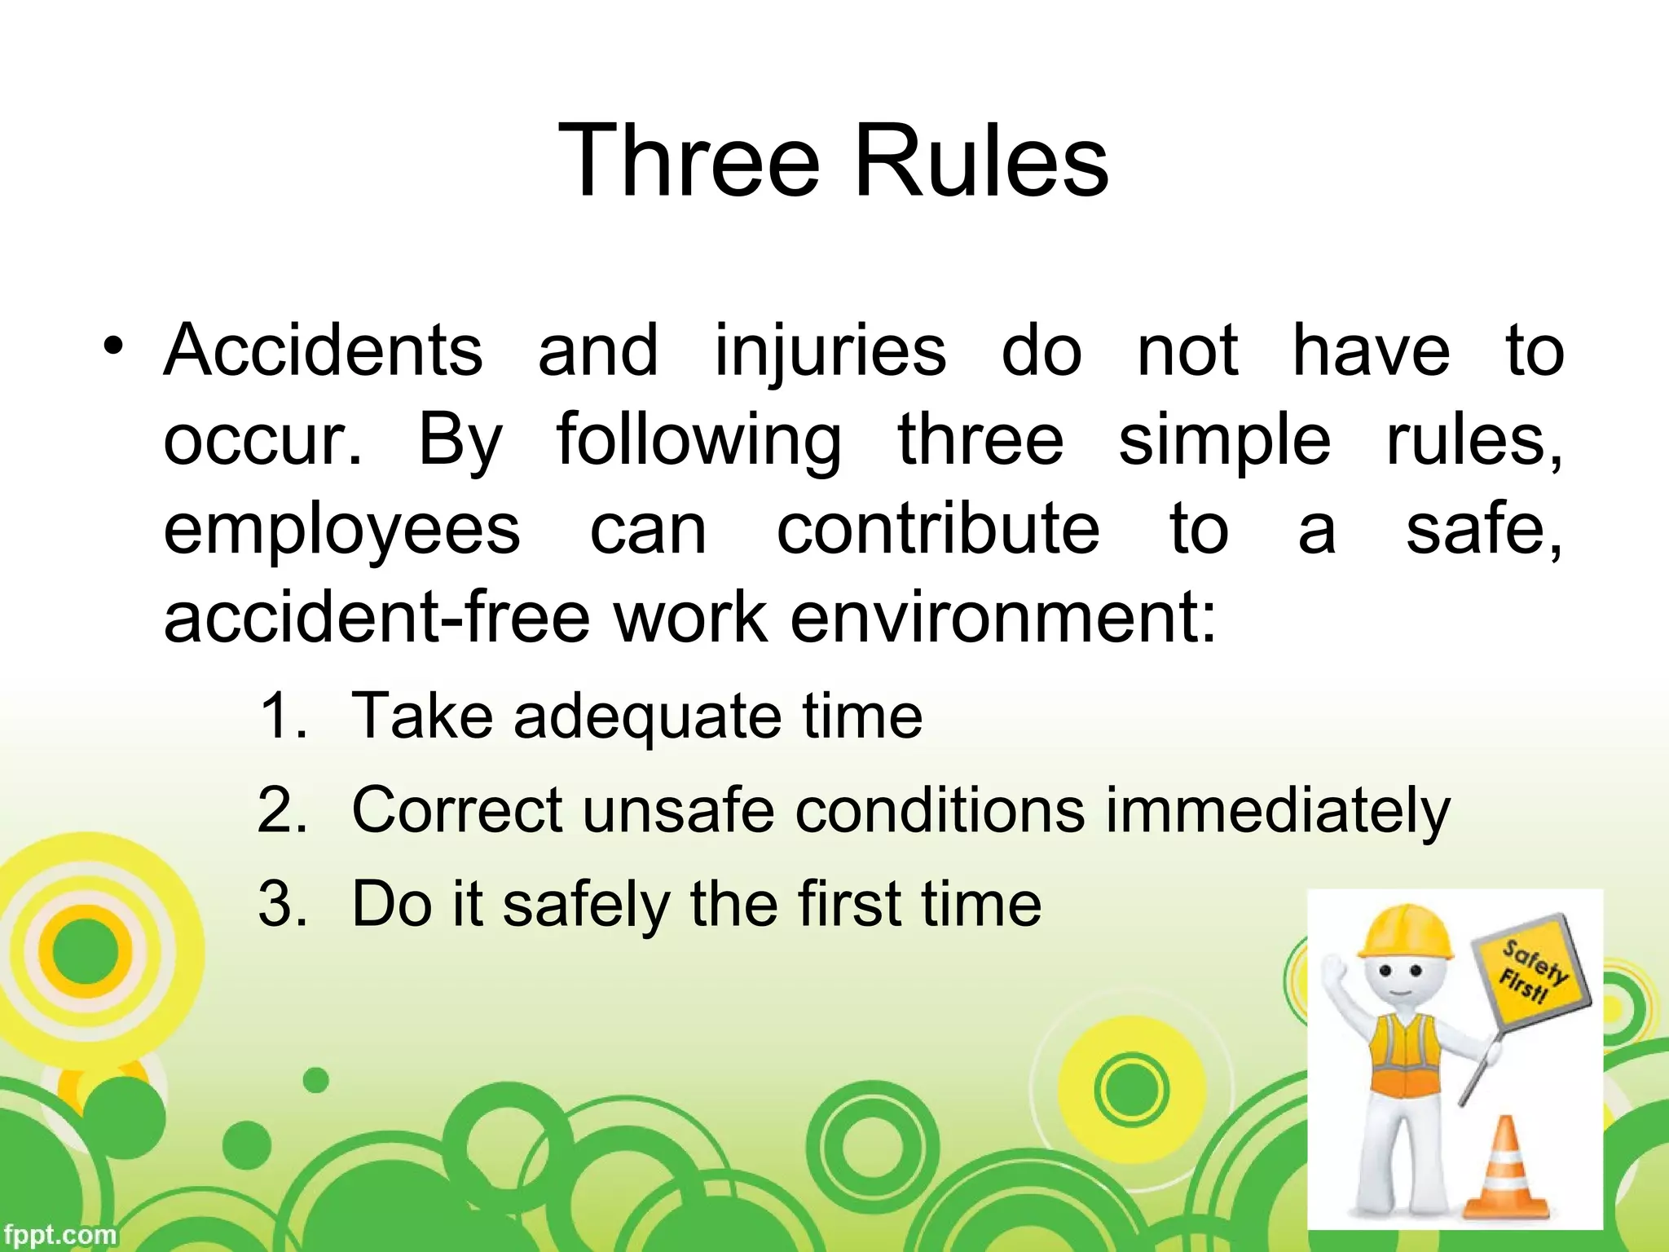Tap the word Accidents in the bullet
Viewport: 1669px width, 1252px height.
[324, 350]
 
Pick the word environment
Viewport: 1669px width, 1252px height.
[1003, 617]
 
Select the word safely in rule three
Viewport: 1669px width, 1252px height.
[585, 905]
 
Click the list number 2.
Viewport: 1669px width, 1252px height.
[282, 811]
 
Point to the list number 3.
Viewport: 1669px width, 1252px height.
[282, 905]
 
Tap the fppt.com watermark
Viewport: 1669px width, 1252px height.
[59, 1235]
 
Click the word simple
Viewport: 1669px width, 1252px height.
[1224, 441]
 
